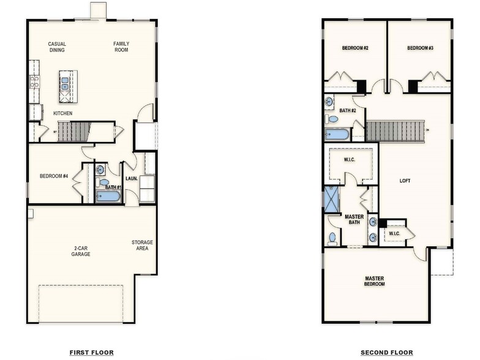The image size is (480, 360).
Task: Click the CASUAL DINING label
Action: point(57,47)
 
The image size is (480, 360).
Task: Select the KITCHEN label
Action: point(63,114)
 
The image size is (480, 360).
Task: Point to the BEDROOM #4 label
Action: point(54,176)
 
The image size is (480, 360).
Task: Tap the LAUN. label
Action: point(131,179)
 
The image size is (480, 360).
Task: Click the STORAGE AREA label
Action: point(142,246)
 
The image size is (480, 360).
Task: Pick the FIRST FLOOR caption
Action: point(91,353)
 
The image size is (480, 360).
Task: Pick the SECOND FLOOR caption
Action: point(387,353)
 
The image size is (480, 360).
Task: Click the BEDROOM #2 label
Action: point(354,48)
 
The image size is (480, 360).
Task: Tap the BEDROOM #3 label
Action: point(421,48)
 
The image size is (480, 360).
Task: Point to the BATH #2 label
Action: point(348,111)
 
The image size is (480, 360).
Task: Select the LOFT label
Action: point(405,181)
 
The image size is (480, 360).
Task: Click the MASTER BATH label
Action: point(354,219)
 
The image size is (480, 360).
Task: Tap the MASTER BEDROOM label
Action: point(374,281)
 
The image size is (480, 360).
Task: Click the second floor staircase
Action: point(395,130)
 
